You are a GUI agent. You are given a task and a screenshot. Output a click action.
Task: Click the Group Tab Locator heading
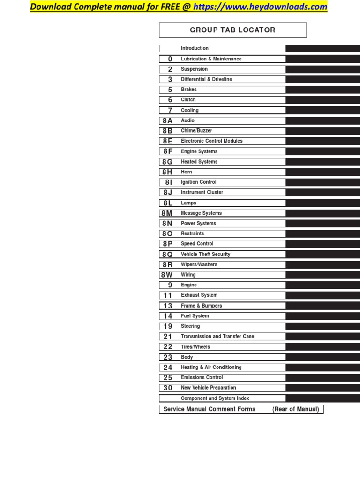coord(232,30)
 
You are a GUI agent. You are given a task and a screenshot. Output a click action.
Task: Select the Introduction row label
coord(195,48)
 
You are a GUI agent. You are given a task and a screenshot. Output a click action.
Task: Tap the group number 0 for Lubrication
coord(170,59)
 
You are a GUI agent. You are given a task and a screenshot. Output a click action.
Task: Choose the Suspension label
coord(194,69)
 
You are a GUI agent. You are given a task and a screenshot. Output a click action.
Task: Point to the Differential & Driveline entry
coord(206,79)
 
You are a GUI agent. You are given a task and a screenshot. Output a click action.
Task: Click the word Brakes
coord(189,90)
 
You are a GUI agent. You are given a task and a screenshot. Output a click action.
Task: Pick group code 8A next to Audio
coord(168,120)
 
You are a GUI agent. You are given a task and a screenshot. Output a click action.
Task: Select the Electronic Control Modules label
coord(212,141)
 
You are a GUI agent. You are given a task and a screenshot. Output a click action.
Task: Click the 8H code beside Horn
coord(168,172)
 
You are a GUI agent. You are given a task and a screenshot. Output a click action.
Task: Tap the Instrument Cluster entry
coord(202,192)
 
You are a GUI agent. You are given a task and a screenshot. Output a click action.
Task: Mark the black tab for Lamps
coord(322,203)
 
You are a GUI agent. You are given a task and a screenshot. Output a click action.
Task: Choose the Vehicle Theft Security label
coord(206,254)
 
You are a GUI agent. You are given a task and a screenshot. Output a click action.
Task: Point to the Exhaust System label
coord(199,295)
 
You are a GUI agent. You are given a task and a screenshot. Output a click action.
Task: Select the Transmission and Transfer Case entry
coord(217,336)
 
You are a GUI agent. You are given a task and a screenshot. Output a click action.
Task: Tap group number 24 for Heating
coord(168,367)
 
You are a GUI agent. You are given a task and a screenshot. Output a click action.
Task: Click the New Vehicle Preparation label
coord(209,388)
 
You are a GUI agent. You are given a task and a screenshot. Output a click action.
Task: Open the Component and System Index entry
coord(215,398)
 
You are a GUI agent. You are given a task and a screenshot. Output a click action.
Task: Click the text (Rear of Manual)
coord(296,409)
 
